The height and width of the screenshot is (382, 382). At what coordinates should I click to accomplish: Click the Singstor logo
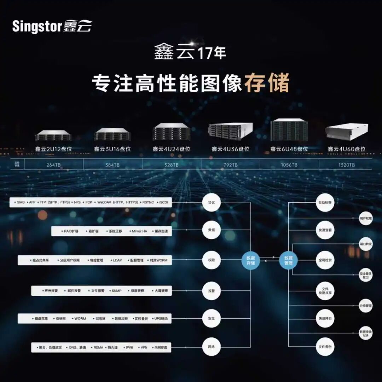tap(52, 27)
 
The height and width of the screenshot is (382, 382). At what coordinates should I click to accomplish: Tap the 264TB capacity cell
tap(54, 165)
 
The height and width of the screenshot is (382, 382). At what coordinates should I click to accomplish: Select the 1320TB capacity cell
tap(346, 165)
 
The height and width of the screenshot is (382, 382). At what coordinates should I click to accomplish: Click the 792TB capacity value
tap(230, 165)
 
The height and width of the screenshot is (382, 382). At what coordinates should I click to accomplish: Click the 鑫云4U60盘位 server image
tap(347, 132)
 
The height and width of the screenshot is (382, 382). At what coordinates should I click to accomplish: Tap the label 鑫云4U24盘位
tap(172, 149)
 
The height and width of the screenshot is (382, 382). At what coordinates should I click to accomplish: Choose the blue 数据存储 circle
tap(251, 260)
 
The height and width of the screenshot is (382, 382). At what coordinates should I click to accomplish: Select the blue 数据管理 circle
tap(288, 260)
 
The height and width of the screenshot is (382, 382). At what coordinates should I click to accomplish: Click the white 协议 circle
tap(212, 203)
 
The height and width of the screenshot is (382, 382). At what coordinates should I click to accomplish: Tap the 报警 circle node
tap(212, 291)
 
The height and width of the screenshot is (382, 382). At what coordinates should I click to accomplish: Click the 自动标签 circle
tap(325, 203)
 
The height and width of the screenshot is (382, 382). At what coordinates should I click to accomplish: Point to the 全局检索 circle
tap(325, 260)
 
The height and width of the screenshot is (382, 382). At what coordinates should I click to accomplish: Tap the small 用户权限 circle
tap(366, 219)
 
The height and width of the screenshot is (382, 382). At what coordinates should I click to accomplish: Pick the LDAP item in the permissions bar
tap(117, 260)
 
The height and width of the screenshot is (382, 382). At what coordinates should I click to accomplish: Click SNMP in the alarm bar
tap(116, 291)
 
